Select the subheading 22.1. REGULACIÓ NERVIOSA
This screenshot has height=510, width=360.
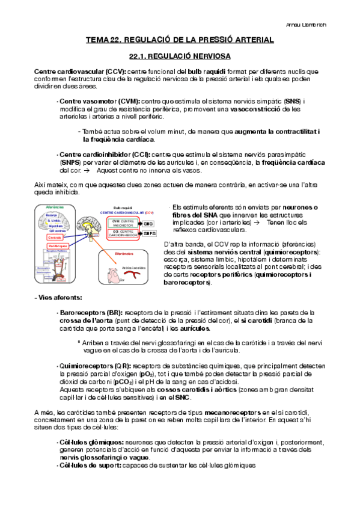click(x=180, y=55)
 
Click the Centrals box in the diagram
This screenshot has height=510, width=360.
click(x=55, y=237)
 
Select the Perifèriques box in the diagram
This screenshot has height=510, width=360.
click(x=58, y=247)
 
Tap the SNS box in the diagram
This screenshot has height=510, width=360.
click(x=148, y=223)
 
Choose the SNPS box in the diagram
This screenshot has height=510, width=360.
click(x=148, y=233)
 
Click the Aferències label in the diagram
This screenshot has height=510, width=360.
click(x=55, y=207)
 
